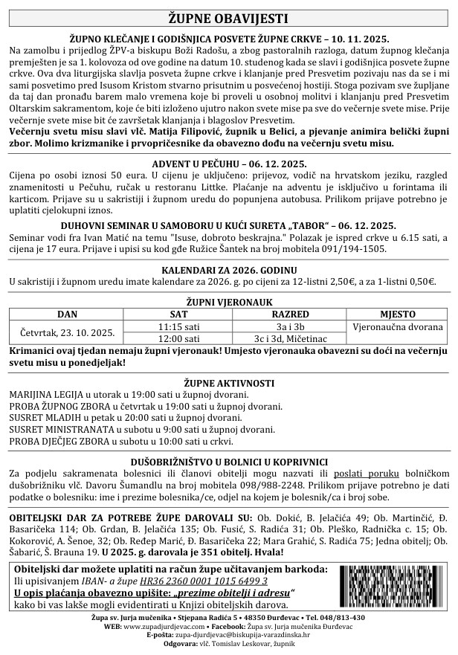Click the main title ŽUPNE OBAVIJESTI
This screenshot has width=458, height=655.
(x=228, y=18)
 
